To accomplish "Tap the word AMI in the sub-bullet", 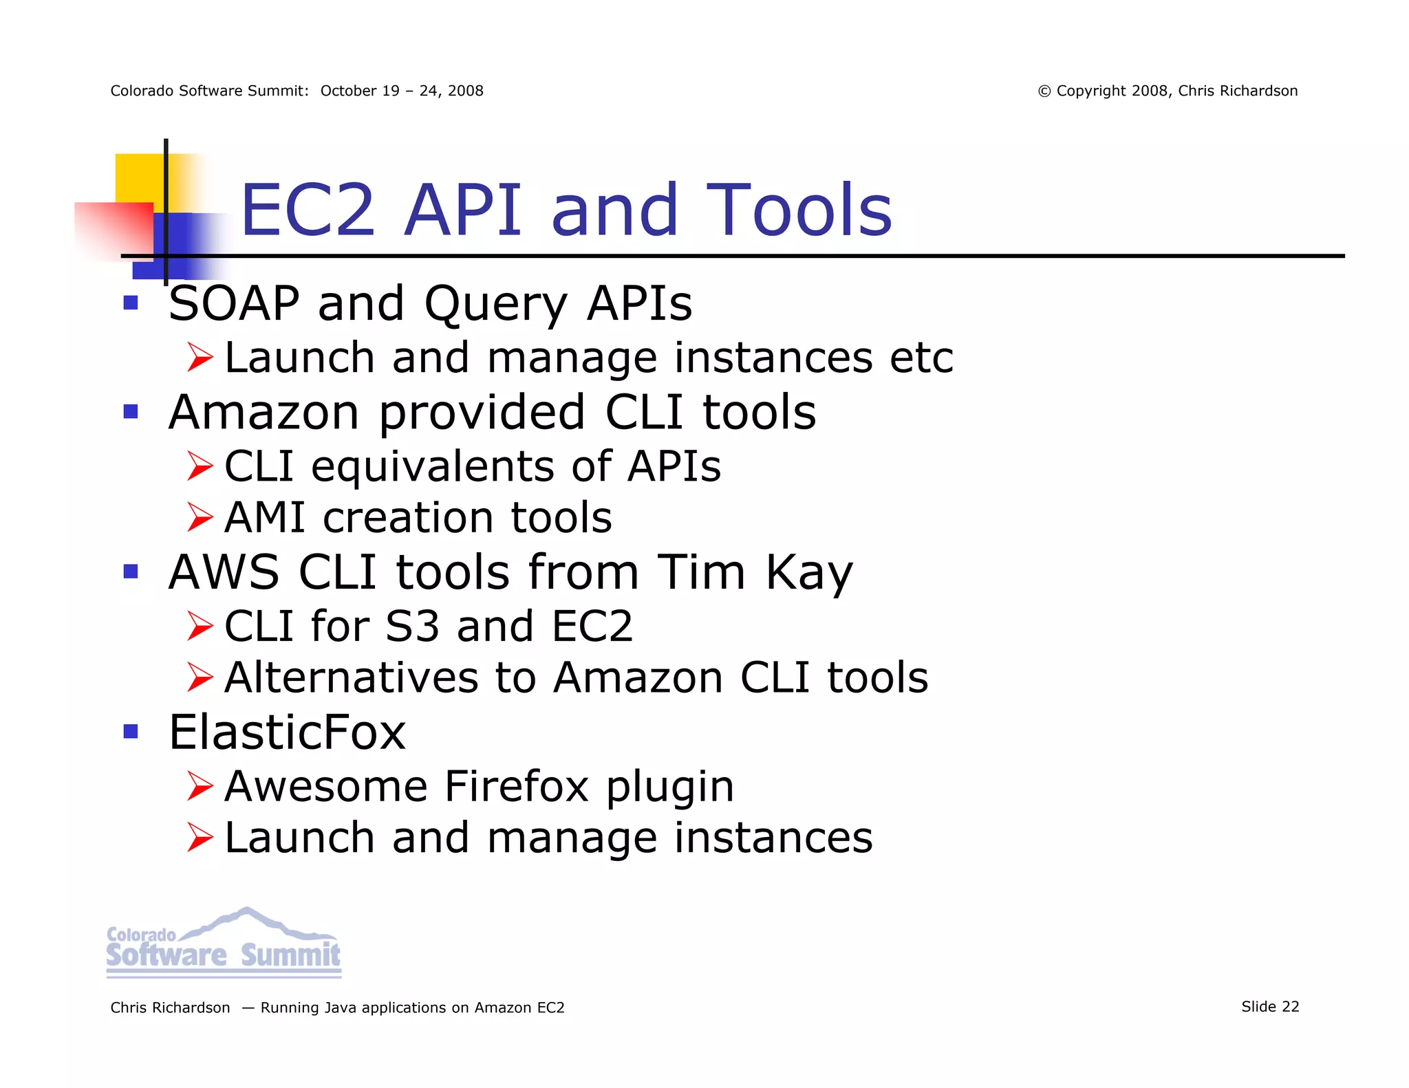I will pos(265,518).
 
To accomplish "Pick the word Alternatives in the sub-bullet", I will pos(351,677).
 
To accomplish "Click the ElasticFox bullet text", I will pos(288,732).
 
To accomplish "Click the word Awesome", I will pos(326,786).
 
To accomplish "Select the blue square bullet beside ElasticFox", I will pos(131,731).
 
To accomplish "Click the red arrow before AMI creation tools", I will pos(200,518).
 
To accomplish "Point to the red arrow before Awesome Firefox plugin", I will pos(200,786).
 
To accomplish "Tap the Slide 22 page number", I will pos(1270,1007).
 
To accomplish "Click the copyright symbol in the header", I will pos(1044,91).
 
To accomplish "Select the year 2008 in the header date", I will pos(465,91).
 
